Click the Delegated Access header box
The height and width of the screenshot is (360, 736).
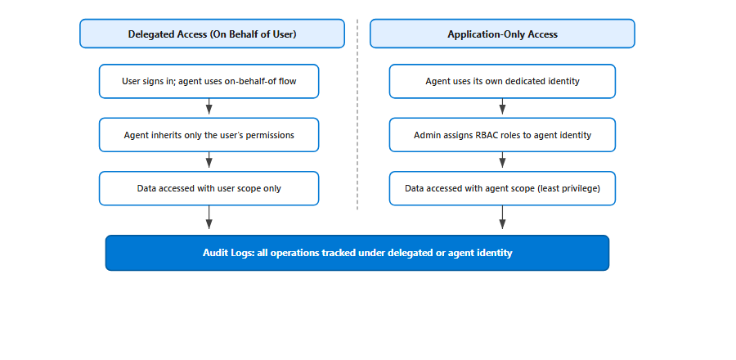(x=212, y=34)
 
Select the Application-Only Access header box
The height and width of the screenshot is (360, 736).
(x=502, y=34)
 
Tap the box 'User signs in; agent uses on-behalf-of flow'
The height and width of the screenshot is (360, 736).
(x=209, y=81)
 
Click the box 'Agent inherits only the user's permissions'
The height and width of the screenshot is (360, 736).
(x=209, y=135)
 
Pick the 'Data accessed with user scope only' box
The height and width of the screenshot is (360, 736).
(x=209, y=188)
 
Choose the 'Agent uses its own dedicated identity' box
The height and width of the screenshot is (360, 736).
(x=502, y=81)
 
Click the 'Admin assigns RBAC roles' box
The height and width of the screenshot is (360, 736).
(x=502, y=135)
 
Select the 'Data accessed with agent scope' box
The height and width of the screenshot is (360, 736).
(x=502, y=188)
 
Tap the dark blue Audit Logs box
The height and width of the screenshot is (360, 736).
(x=357, y=253)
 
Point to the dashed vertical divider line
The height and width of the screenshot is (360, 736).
(x=357, y=115)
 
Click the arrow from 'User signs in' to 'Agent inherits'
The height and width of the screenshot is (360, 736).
(x=209, y=106)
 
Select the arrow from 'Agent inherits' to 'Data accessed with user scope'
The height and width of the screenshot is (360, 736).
(x=209, y=160)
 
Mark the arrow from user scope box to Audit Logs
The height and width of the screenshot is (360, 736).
(x=209, y=218)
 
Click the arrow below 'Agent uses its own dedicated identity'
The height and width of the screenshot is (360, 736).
(x=502, y=106)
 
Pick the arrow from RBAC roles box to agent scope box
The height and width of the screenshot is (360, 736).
(x=502, y=160)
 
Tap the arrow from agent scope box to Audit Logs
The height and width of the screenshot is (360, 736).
(x=502, y=218)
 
